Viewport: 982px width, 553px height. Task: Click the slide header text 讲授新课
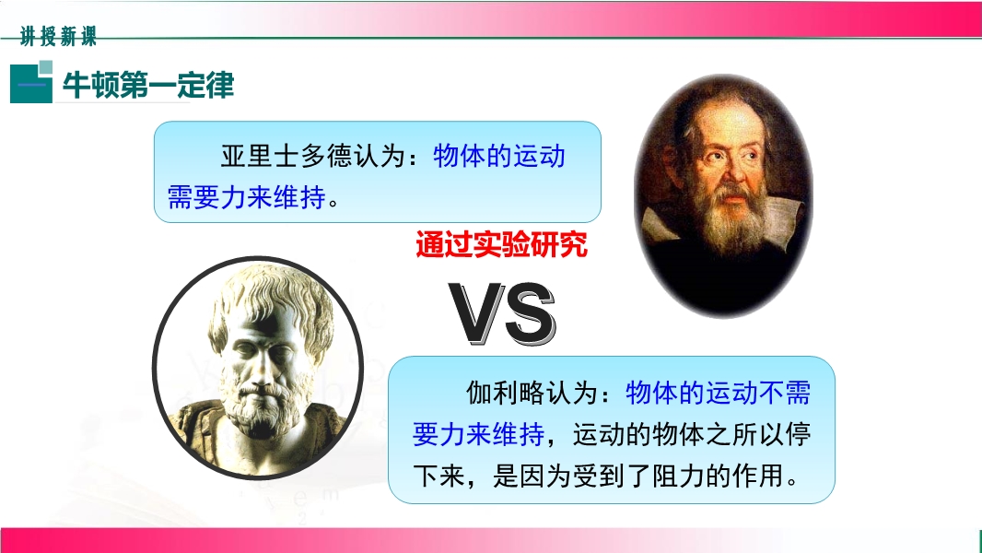tap(58, 36)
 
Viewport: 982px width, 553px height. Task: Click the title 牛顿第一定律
tap(148, 85)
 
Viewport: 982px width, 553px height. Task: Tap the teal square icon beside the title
tap(31, 82)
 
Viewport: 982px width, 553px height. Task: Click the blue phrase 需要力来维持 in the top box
tap(247, 198)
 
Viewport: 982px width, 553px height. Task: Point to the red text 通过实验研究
tap(502, 244)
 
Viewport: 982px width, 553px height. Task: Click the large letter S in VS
tap(531, 313)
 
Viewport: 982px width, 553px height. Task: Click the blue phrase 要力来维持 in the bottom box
tap(478, 434)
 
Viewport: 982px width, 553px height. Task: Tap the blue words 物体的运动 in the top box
tap(499, 156)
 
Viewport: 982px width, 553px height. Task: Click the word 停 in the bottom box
tap(798, 434)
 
